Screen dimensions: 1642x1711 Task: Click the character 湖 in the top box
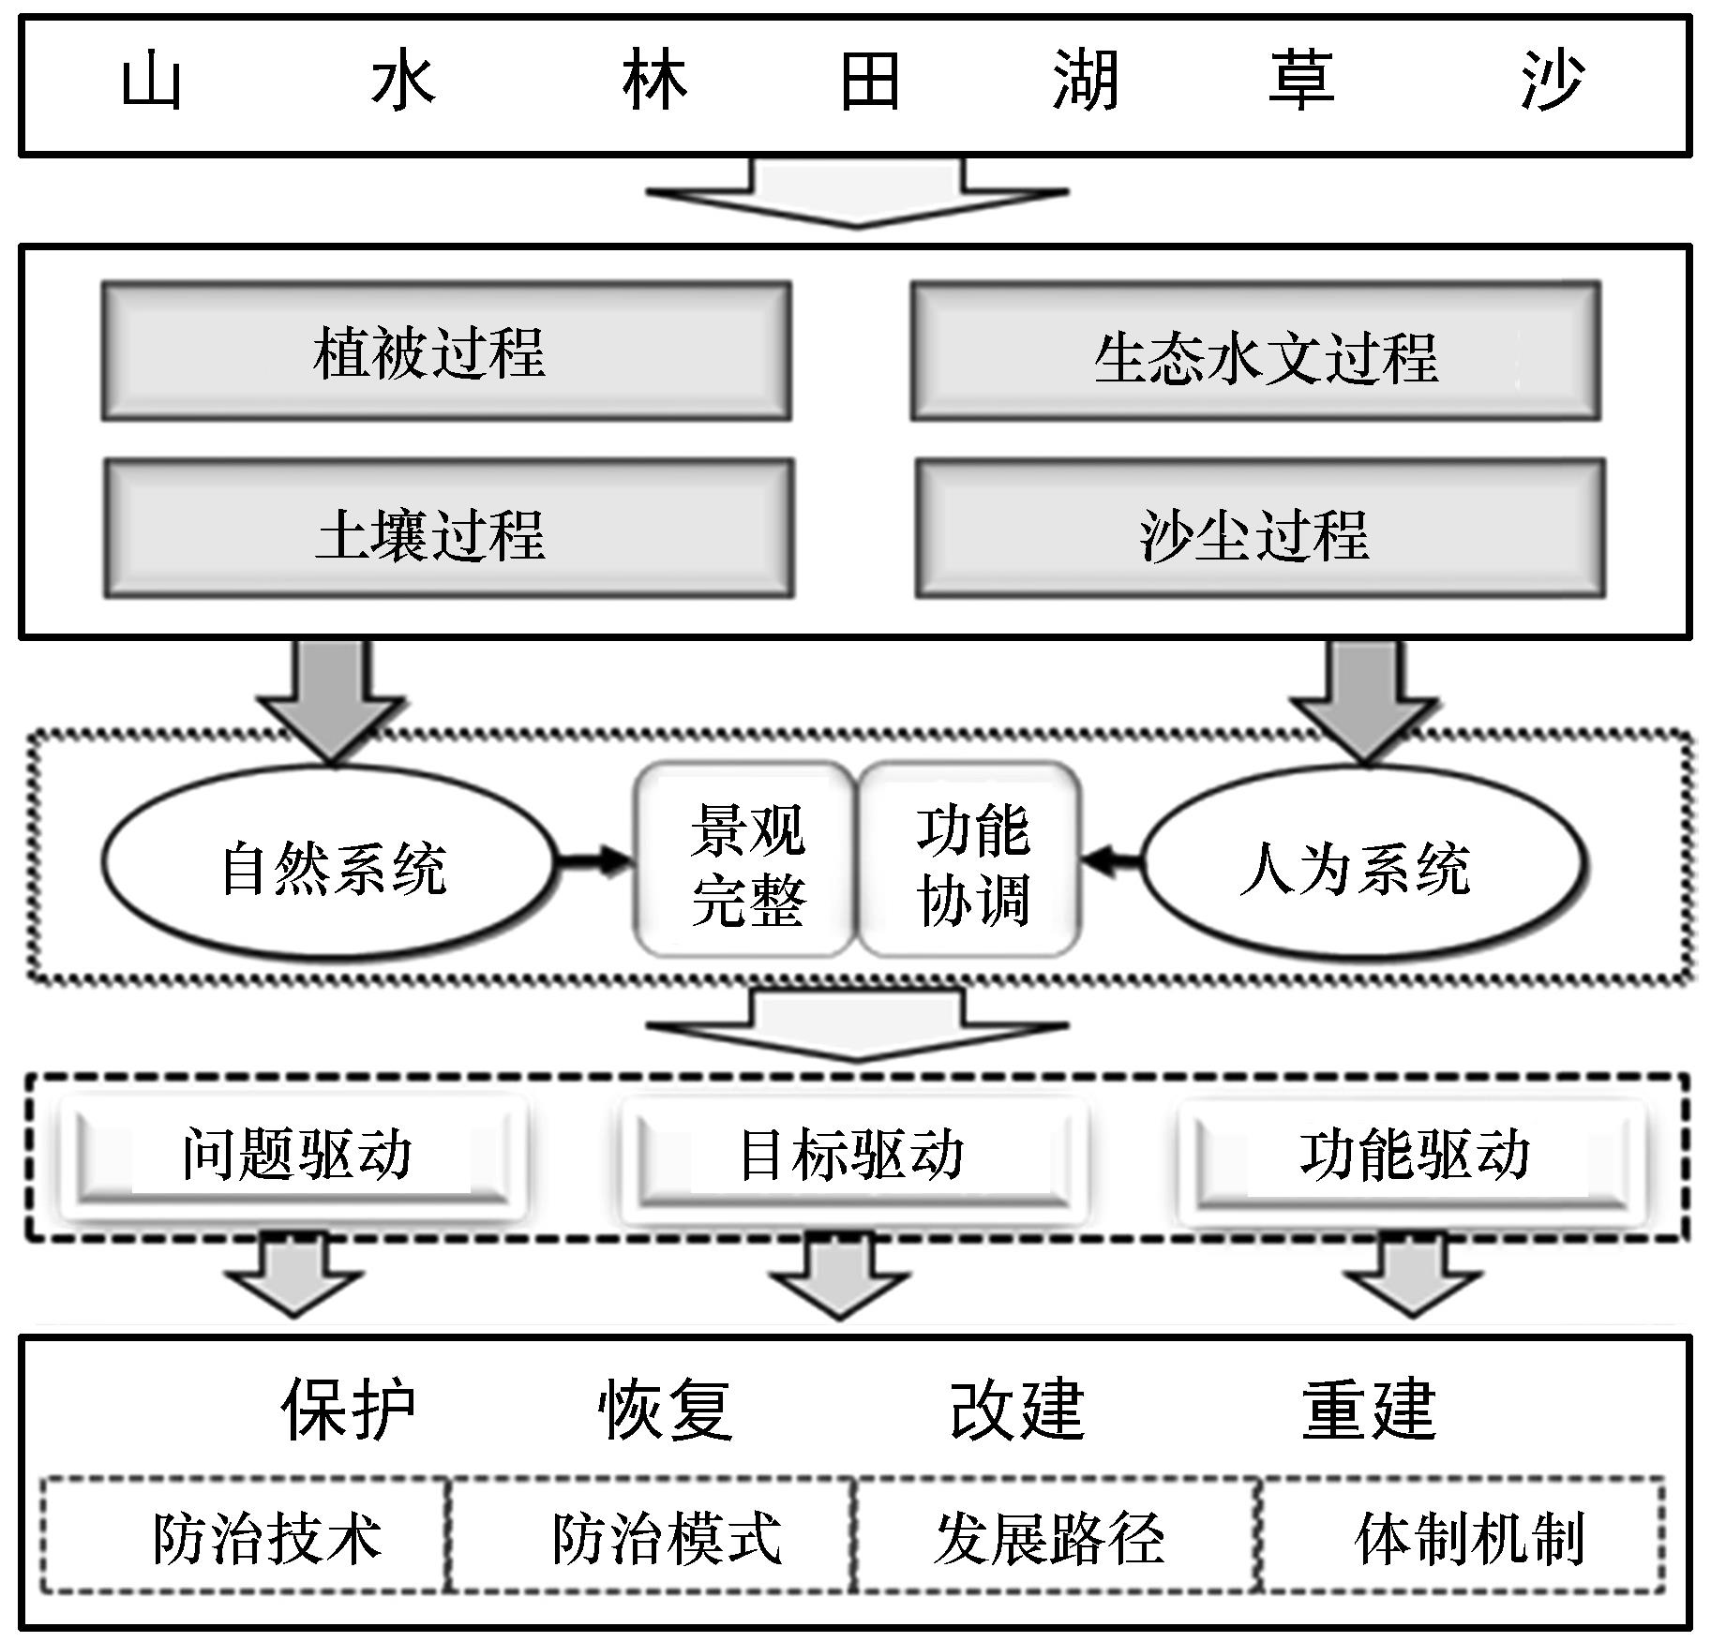[x=1085, y=82]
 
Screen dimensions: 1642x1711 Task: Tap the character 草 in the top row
[x=1300, y=82]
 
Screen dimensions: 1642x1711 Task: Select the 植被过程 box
[x=446, y=351]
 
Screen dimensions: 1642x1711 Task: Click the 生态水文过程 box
[x=1255, y=351]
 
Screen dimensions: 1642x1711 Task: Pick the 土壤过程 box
[x=448, y=529]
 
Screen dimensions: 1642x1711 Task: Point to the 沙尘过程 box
[x=1259, y=529]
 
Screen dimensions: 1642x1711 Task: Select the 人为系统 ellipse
[x=1364, y=864]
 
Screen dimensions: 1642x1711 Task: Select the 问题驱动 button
[x=293, y=1156]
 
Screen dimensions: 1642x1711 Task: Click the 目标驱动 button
[x=851, y=1156]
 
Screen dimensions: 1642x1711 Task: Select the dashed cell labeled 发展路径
[x=1056, y=1535]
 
